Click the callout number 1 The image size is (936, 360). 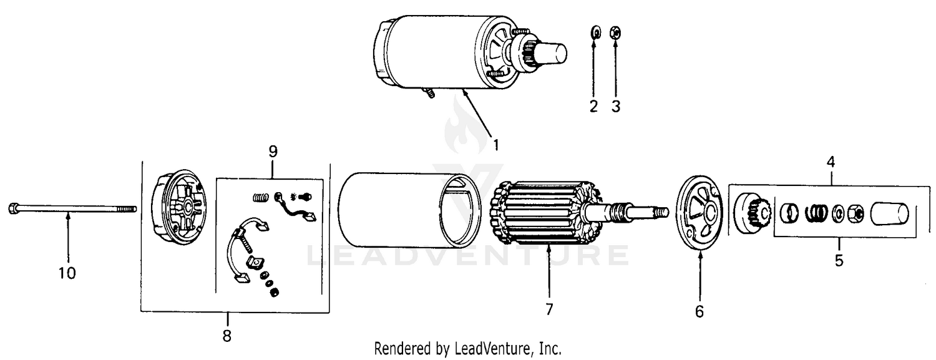coord(496,145)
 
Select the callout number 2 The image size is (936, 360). coord(594,107)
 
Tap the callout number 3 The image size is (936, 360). coord(616,107)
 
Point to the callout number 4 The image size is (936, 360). coord(831,162)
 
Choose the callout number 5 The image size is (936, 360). coord(839,261)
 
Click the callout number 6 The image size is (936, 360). coord(700,311)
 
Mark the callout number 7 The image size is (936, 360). coord(549,309)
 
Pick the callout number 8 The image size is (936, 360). coord(227,336)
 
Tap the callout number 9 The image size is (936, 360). coord(273,151)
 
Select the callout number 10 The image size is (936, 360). coord(67,273)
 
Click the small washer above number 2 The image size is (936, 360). coord(595,32)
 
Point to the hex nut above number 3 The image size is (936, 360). coord(615,32)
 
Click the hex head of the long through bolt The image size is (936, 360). coord(12,208)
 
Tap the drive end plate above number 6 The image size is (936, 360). coord(700,213)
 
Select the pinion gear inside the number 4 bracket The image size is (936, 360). coord(753,213)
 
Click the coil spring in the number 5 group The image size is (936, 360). coord(816,213)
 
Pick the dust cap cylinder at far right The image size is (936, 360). coord(889,214)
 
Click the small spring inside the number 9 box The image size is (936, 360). coord(261,197)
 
